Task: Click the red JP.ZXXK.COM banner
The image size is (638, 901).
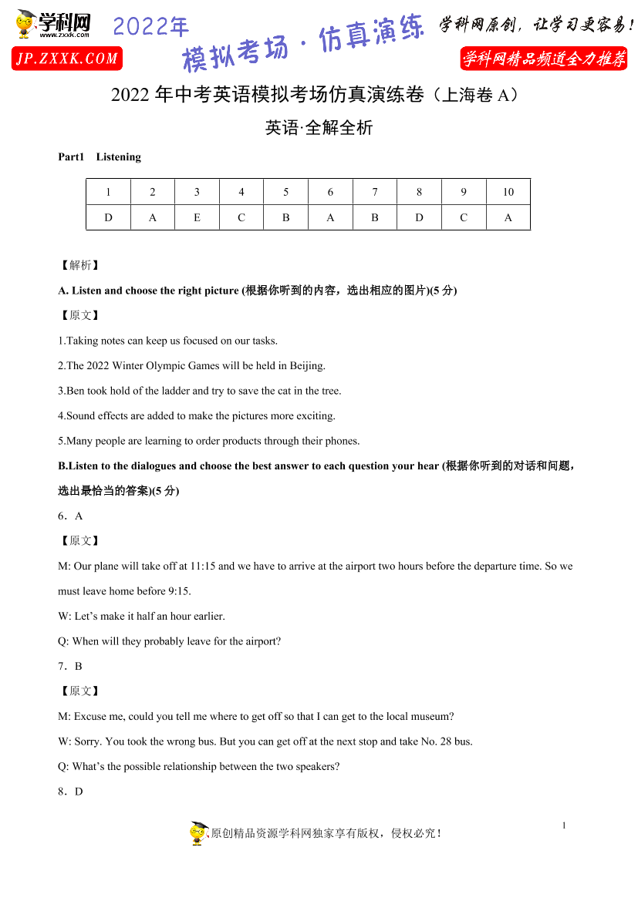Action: pyautogui.click(x=67, y=59)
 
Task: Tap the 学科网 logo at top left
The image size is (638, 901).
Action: pyautogui.click(x=52, y=25)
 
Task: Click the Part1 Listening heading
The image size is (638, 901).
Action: pyautogui.click(x=100, y=157)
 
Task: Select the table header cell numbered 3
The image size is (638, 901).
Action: pyautogui.click(x=197, y=192)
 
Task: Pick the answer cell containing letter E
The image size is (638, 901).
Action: pyautogui.click(x=197, y=217)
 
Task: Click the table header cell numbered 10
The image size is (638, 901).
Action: pyautogui.click(x=508, y=192)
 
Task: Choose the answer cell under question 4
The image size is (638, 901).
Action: pyautogui.click(x=241, y=217)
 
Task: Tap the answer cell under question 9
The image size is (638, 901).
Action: pyautogui.click(x=464, y=217)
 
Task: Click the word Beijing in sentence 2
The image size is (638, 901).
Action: pyautogui.click(x=306, y=366)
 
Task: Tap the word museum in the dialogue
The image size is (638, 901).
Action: pyautogui.click(x=432, y=717)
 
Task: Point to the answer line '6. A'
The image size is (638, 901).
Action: pyautogui.click(x=70, y=516)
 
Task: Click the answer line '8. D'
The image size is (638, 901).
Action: pyautogui.click(x=70, y=792)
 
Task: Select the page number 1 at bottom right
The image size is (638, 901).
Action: pyautogui.click(x=564, y=825)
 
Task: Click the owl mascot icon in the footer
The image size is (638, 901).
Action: pyautogui.click(x=199, y=833)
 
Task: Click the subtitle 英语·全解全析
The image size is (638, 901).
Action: pyautogui.click(x=319, y=128)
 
